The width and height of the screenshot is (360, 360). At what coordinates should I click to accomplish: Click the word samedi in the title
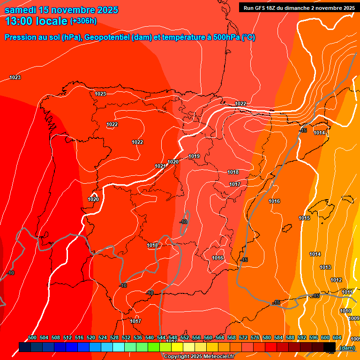coord(21,10)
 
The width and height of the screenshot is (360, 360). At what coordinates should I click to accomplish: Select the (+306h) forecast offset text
coord(83,21)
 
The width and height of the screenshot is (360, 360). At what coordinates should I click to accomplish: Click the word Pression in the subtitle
coord(21,37)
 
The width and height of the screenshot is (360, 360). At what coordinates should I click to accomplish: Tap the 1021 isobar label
coord(160,166)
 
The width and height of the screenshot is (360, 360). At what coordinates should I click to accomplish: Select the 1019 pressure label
coord(194,156)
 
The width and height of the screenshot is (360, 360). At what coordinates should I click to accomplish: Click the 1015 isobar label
coord(304,218)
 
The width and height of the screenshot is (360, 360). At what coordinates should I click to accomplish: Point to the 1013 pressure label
coord(325,267)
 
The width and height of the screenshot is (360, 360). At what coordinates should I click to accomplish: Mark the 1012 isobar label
coord(336,280)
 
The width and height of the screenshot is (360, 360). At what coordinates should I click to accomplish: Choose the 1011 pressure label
coord(347,292)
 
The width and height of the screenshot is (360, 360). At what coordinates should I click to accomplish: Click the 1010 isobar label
coord(345,311)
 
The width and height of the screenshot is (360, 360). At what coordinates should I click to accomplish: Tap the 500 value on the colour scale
coord(32,337)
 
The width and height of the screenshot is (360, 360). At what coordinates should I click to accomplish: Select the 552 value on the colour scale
coord(185,337)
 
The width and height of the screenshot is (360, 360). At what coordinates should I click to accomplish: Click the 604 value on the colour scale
coord(337,337)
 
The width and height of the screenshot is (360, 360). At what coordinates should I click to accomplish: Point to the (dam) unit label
coord(347,348)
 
